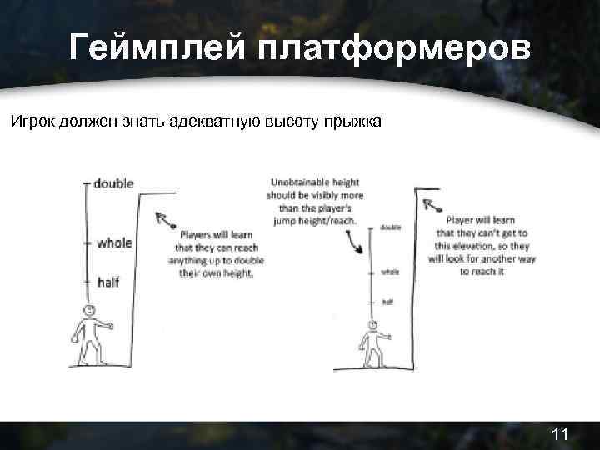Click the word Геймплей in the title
(x=157, y=48)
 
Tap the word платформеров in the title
(x=392, y=48)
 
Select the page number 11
(x=559, y=434)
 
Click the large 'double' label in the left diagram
(x=114, y=183)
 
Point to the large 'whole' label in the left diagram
(x=114, y=243)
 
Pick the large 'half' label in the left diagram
(x=108, y=282)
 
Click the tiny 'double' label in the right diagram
(x=389, y=226)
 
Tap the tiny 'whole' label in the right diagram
(x=389, y=272)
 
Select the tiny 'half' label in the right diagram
(x=387, y=301)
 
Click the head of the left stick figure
(x=87, y=312)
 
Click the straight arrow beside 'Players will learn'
(x=164, y=220)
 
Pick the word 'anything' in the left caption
(x=194, y=260)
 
